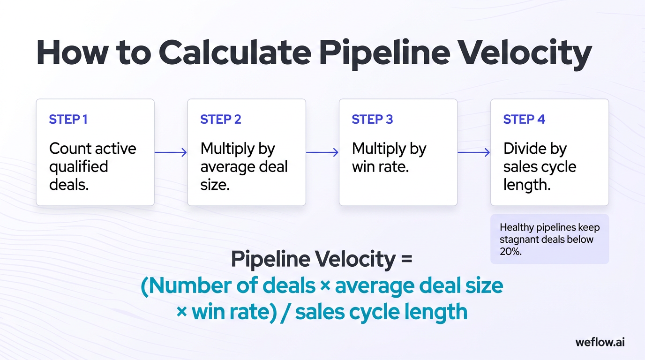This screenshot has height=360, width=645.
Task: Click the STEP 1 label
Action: tap(68, 120)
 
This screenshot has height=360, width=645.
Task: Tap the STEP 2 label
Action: tap(220, 120)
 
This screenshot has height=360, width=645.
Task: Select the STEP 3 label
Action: tap(372, 120)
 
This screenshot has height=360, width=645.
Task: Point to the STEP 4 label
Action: tap(524, 120)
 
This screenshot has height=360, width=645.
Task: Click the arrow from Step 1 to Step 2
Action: tap(171, 152)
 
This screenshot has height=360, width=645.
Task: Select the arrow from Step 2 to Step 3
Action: tap(322, 152)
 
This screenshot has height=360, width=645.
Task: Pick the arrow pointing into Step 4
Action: tap(473, 152)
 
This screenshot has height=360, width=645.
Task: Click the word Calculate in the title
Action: tap(235, 53)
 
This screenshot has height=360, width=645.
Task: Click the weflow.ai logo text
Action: tap(600, 342)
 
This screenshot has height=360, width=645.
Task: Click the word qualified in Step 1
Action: tap(79, 167)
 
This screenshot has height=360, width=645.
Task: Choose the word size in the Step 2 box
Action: tap(215, 185)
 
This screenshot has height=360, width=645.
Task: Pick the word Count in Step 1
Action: tap(70, 149)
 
